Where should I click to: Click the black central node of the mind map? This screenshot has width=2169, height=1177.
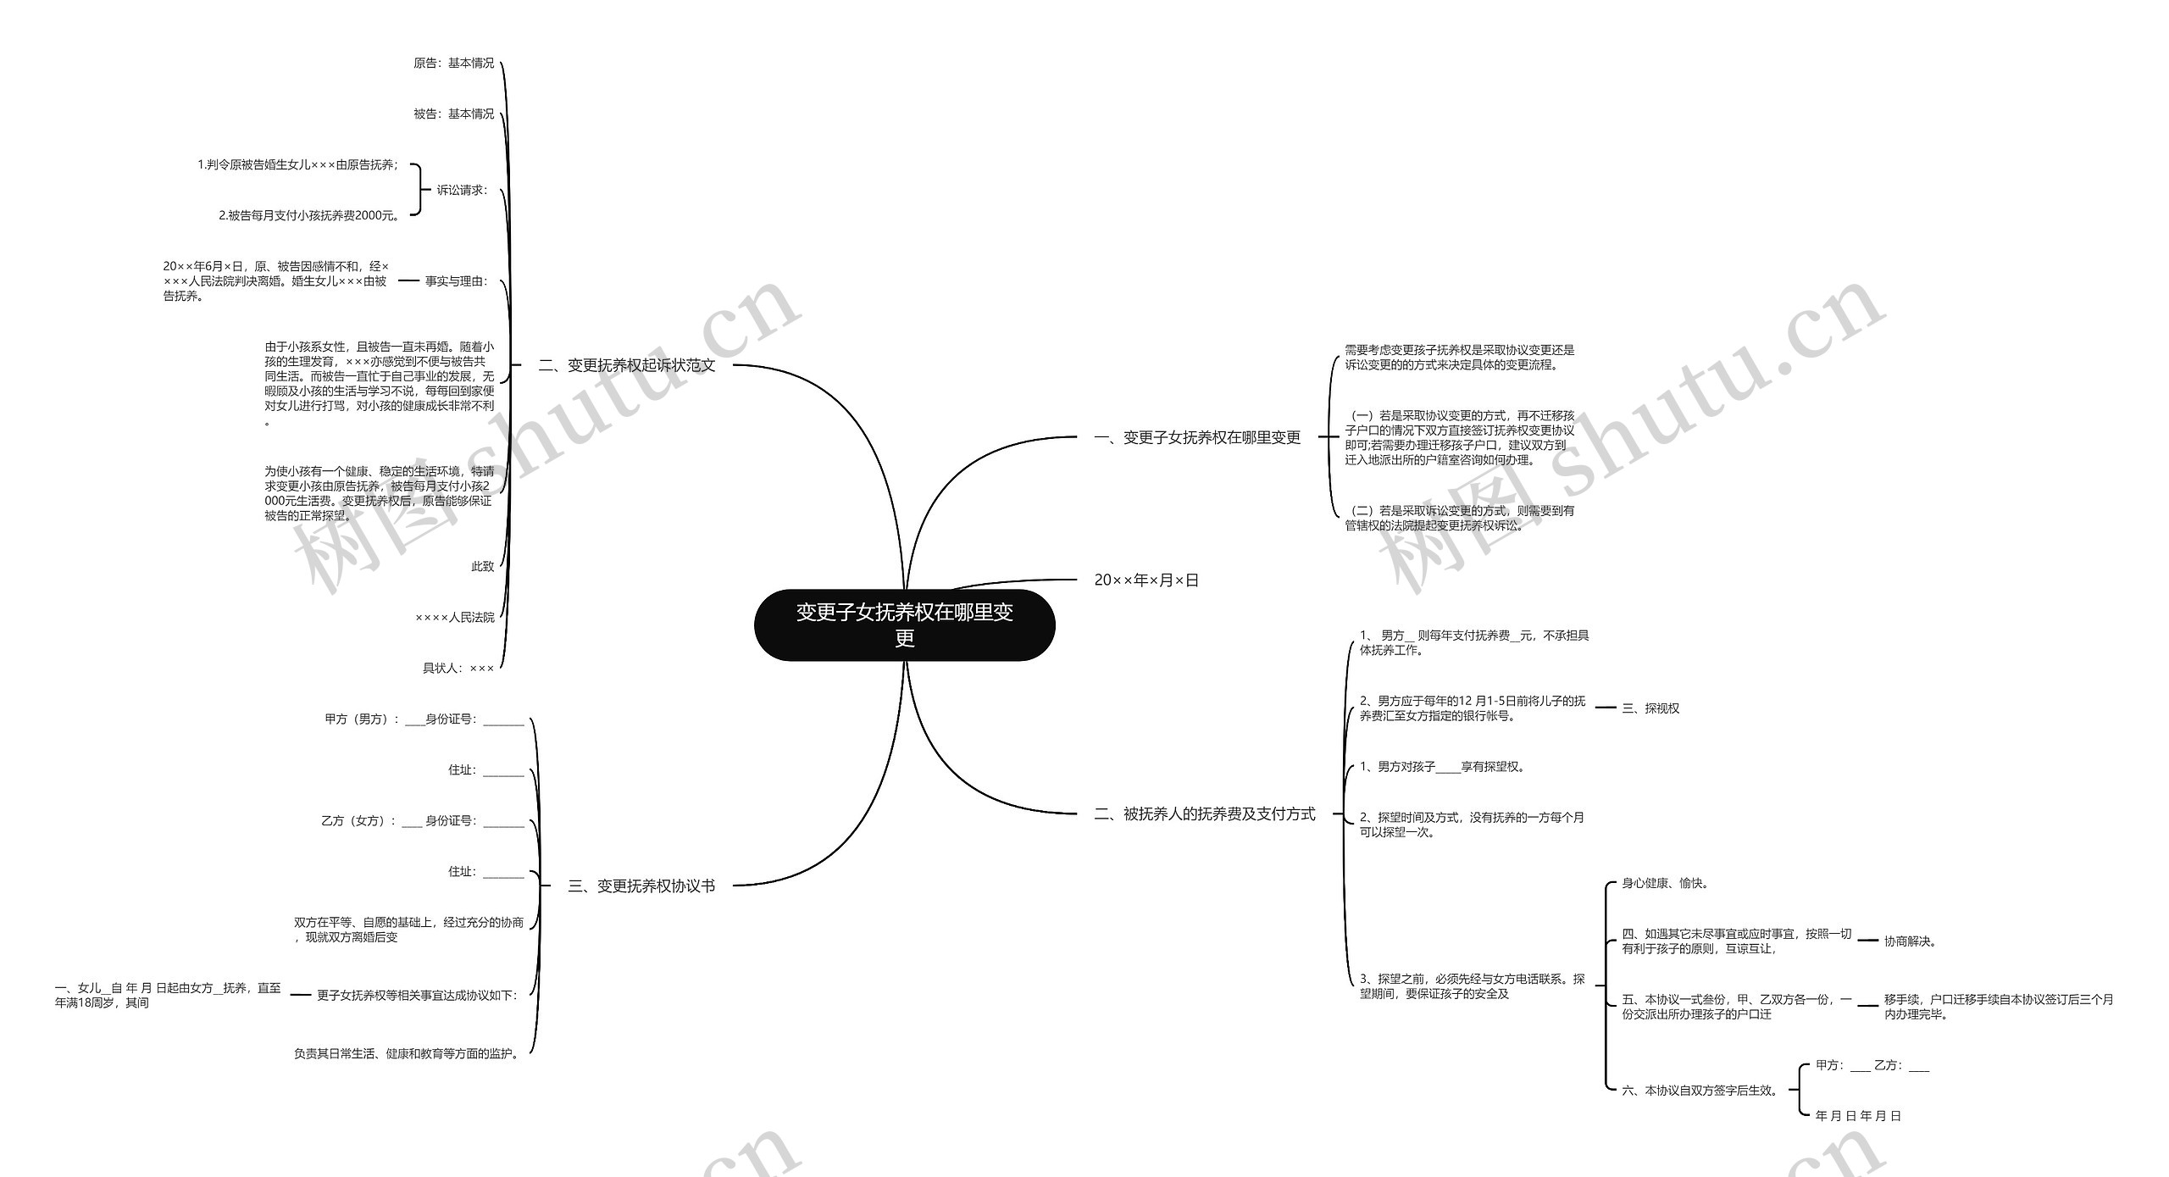(904, 625)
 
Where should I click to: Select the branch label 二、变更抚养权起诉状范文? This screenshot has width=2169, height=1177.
(626, 365)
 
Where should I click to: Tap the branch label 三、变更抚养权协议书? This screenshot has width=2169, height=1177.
(641, 886)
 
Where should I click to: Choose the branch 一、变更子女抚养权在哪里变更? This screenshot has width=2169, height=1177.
(1197, 437)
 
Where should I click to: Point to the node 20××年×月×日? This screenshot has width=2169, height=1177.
(1146, 580)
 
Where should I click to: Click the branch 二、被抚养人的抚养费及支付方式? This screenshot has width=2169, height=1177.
(1204, 813)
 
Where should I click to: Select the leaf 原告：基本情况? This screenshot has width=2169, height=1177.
(453, 64)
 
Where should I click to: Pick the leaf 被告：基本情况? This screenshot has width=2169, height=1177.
(453, 114)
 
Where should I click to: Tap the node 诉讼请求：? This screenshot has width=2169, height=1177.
(463, 190)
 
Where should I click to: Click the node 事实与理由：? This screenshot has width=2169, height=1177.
(457, 281)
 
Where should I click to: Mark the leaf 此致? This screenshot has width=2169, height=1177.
(482, 566)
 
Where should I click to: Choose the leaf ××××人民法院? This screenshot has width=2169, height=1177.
(455, 617)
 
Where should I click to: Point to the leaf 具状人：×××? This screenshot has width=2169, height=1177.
(458, 668)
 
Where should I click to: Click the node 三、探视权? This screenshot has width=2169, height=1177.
(1650, 708)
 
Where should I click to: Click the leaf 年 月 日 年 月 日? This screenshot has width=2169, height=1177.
(1859, 1116)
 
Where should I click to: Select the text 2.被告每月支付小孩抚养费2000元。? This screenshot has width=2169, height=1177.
(310, 215)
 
